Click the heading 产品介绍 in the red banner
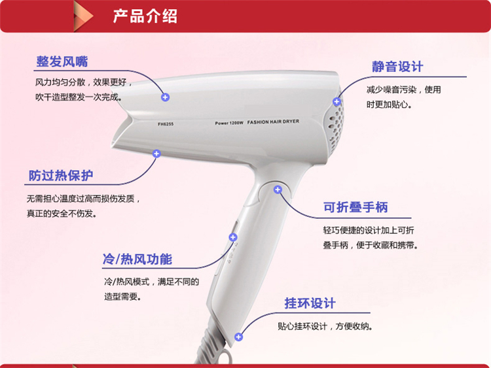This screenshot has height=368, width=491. pyautogui.click(x=145, y=16)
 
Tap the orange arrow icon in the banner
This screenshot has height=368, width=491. pyautogui.click(x=83, y=16)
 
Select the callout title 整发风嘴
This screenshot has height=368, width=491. pyautogui.click(x=62, y=61)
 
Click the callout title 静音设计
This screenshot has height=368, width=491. pyautogui.click(x=397, y=67)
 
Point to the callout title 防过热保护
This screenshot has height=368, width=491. pyautogui.click(x=61, y=175)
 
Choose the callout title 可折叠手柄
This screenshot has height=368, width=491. pyautogui.click(x=355, y=207)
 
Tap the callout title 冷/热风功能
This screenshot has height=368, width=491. pyautogui.click(x=137, y=259)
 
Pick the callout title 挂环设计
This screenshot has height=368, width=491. pyautogui.click(x=310, y=303)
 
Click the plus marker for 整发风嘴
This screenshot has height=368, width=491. pyautogui.click(x=166, y=97)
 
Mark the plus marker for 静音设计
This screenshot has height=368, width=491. pyautogui.click(x=337, y=101)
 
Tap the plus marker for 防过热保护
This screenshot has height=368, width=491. pyautogui.click(x=156, y=154)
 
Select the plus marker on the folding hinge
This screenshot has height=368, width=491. pyautogui.click(x=278, y=190)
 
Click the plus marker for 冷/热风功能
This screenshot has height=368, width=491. pyautogui.click(x=233, y=237)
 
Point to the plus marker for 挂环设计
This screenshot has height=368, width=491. pyautogui.click(x=238, y=337)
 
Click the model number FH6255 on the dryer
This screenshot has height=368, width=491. pyautogui.click(x=166, y=124)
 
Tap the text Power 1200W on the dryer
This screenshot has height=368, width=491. pyautogui.click(x=229, y=123)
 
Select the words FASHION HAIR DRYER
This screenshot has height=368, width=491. pyautogui.click(x=273, y=122)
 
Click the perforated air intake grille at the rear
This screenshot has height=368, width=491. pyautogui.click(x=336, y=125)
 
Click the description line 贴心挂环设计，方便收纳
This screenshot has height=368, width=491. pyautogui.click(x=325, y=326)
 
